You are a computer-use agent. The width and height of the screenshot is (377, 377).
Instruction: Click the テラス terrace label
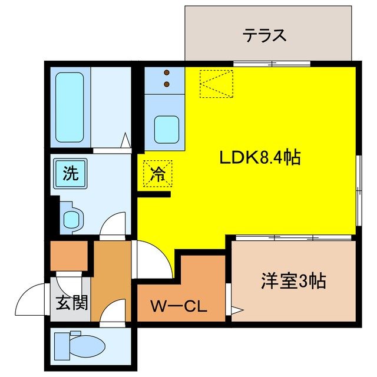(264, 35)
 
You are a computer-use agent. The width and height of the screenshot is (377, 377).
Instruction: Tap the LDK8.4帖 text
(260, 157)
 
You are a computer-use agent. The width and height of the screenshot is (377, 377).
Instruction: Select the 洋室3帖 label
(293, 282)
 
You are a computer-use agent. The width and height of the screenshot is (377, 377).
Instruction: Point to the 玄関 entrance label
(72, 303)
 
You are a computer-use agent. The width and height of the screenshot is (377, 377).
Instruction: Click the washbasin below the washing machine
(72, 219)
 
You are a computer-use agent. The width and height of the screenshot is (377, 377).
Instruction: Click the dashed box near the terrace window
(216, 83)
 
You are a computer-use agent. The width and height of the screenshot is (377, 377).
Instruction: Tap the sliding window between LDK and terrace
(272, 63)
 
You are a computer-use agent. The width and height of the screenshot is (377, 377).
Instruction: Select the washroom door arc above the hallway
(113, 227)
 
